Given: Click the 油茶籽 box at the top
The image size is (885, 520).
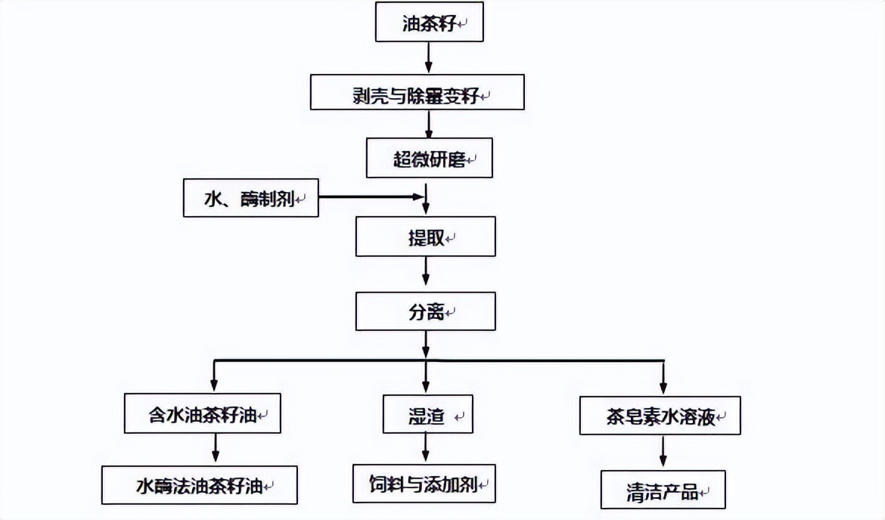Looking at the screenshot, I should pos(429,23).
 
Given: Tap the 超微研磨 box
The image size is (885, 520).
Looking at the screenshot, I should pos(428,158).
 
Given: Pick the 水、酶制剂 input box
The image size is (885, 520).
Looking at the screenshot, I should pos(251,198).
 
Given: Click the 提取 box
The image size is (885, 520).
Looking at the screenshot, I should pos(426,236).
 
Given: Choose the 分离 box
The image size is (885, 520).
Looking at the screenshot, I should pos(426,311).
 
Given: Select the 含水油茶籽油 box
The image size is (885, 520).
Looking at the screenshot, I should pos(202,413).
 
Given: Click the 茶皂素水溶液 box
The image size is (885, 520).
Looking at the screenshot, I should pos(660,414).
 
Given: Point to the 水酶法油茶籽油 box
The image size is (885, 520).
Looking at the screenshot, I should pos(200,484).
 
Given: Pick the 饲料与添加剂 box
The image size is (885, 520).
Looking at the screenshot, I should pos(424,484).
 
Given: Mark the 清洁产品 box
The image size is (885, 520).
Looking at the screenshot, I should pos(663,490).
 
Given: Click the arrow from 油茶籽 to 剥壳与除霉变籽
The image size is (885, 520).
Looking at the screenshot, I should pos(429,57).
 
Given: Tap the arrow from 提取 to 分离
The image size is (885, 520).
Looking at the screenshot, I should pos(426,273).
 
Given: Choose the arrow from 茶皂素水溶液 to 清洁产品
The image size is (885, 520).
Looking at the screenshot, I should pos(663,452).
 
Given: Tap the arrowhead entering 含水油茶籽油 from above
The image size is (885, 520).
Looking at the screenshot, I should pos(215,386).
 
